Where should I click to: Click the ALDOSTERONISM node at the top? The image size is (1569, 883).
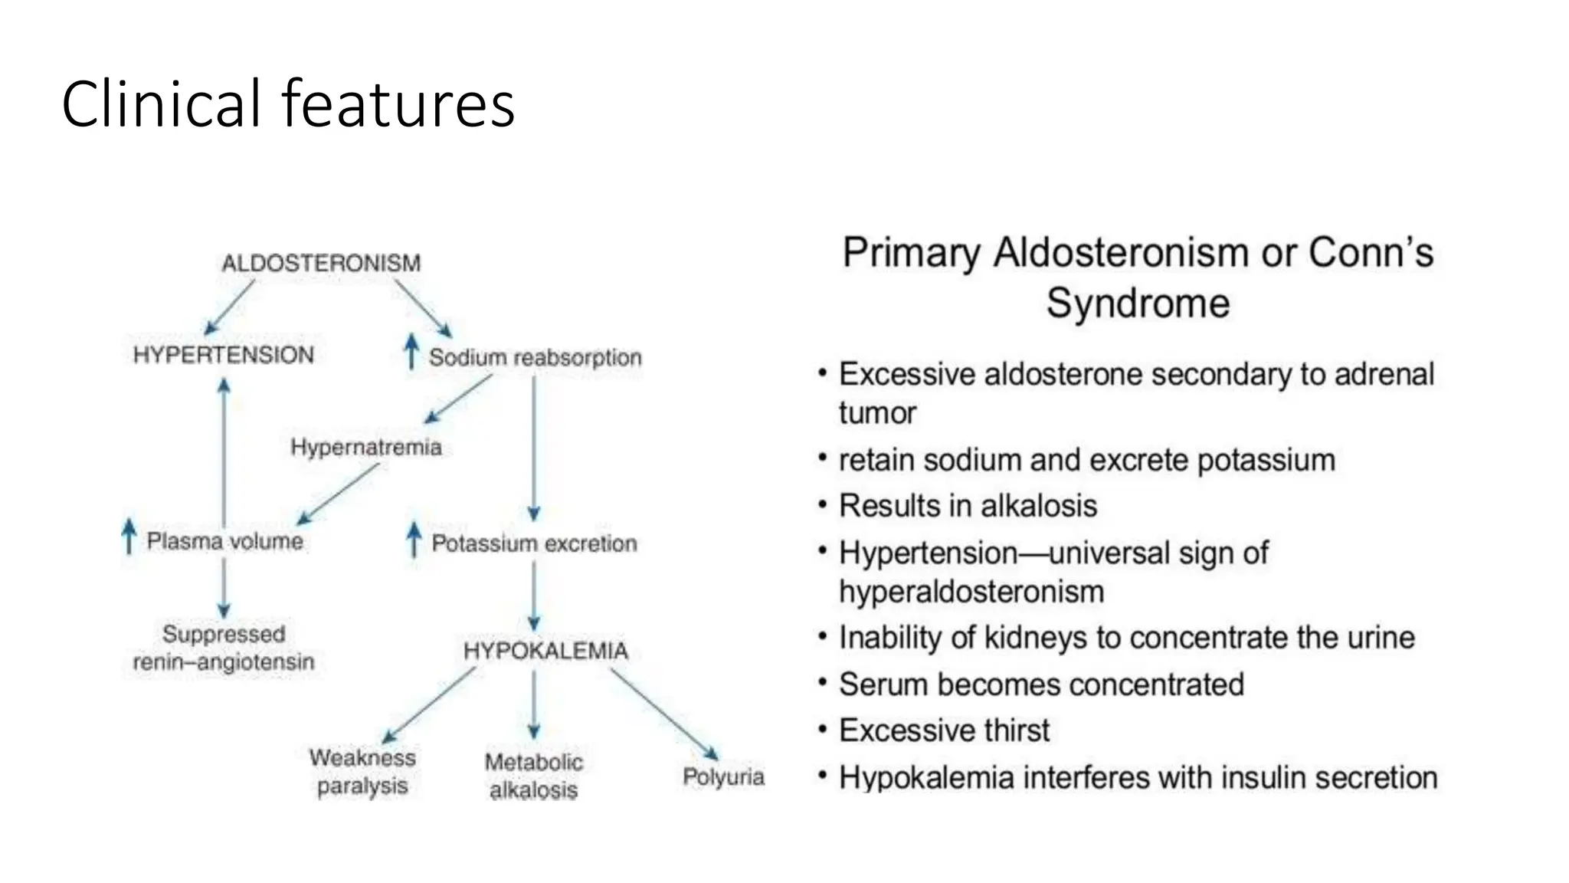coord(321,263)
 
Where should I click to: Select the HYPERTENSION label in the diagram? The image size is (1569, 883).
coord(223,355)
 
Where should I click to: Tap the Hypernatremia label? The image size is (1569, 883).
coord(366,447)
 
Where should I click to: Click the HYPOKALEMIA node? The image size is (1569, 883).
coord(545,651)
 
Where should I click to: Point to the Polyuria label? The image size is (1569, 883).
coord(723,777)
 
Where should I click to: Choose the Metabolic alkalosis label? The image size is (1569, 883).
coord(533,776)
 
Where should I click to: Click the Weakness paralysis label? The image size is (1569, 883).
coord(362,772)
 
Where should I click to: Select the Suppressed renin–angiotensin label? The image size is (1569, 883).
coord(223,648)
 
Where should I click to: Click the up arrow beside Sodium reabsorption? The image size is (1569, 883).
coord(411,353)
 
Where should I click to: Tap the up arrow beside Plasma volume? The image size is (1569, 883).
coord(129,536)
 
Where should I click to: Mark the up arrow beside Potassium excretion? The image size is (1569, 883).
coord(414,540)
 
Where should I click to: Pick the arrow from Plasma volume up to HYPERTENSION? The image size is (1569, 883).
coord(224,452)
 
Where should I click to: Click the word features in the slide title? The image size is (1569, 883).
coord(398,104)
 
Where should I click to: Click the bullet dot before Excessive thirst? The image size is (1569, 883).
coord(822,728)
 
